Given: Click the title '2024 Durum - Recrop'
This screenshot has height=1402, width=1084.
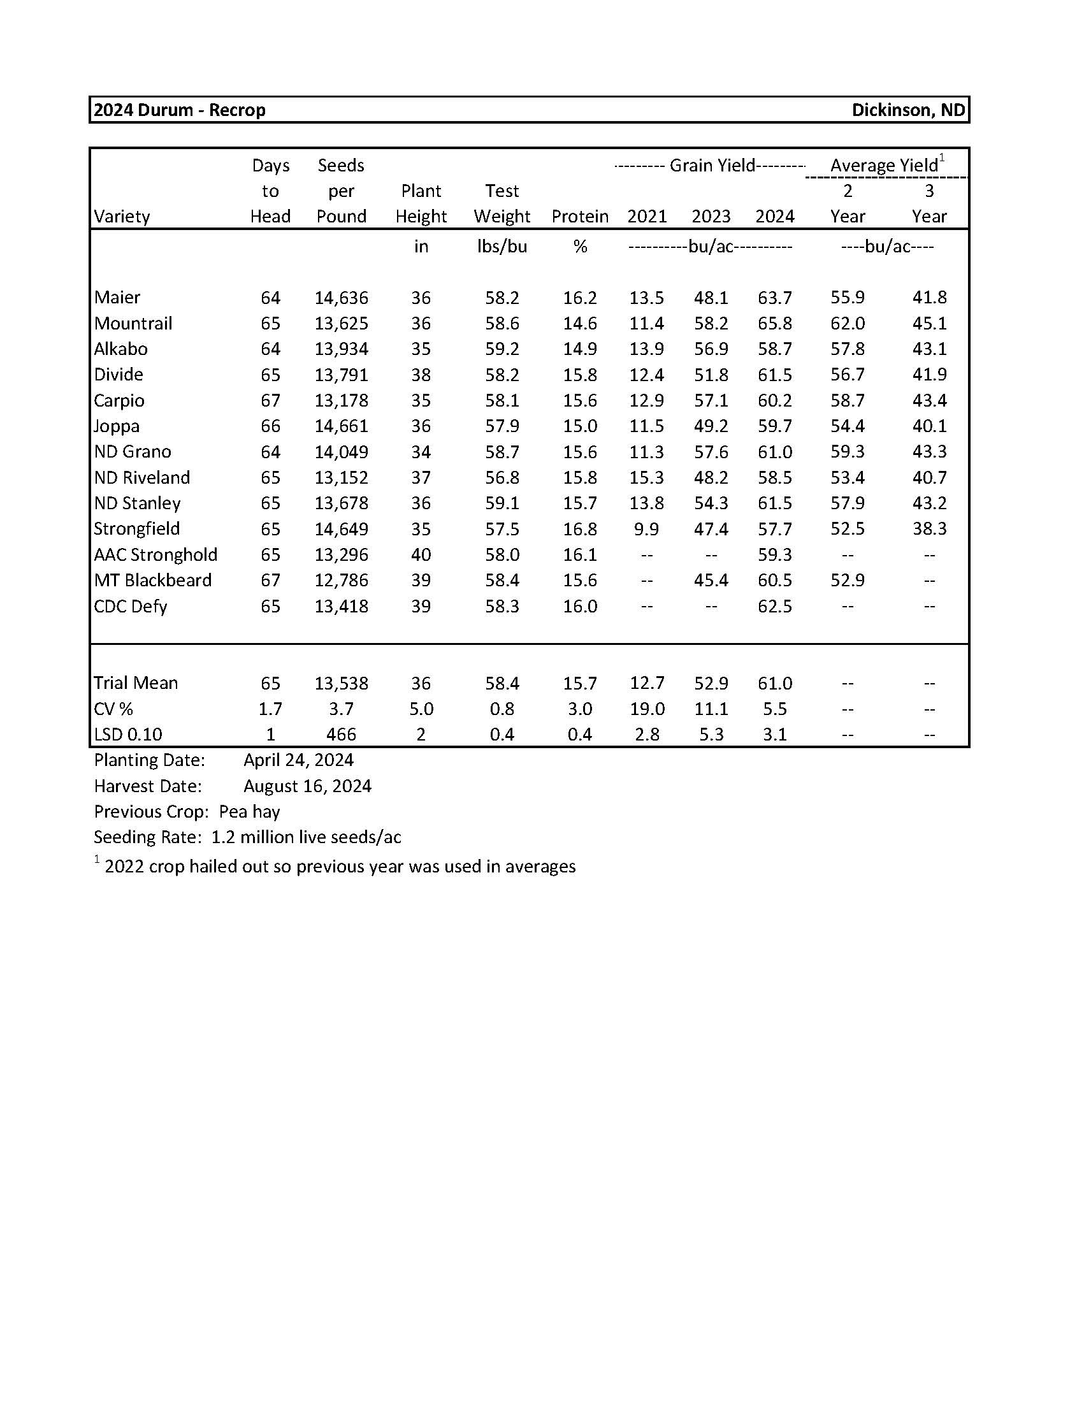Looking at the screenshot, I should pos(180,110).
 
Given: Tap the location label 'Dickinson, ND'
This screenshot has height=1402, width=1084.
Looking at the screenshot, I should pos(907,110).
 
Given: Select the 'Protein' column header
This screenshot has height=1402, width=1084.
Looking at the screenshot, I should pos(579,216).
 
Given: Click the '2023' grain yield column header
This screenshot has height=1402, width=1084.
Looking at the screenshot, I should pos(711,216).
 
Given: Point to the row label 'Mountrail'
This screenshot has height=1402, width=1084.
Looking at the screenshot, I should pos(133,323).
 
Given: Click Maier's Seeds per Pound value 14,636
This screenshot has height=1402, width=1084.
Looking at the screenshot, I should pos(341,298).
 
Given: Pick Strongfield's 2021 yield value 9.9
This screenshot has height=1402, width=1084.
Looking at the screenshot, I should pos(646,529).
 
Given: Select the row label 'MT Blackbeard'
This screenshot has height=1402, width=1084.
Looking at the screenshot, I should pos(153,581).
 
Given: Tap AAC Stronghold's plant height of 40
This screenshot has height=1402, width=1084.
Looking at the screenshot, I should pos(421,554).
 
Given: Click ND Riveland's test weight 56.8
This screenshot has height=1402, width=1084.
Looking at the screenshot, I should pos(502,477).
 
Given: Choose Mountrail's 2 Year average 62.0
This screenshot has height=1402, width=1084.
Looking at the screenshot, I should pos(847,323).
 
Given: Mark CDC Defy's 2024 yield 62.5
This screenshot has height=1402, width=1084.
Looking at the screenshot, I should pos(775,606).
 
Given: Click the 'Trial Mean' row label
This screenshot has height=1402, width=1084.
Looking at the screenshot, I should pos(136,683).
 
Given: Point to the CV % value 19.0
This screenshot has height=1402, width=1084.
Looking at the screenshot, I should pos(646,709).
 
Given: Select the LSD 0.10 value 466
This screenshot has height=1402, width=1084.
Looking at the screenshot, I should pos(341,734).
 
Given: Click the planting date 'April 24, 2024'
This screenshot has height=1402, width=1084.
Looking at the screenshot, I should pos(298,760).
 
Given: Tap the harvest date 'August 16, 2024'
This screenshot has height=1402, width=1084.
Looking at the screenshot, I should pos(307,786).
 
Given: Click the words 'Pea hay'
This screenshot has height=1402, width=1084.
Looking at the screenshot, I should pos(250,812).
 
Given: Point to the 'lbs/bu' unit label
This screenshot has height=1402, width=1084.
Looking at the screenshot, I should pos(502,247).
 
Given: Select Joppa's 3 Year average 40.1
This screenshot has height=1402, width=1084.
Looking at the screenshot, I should pos(929,426).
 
